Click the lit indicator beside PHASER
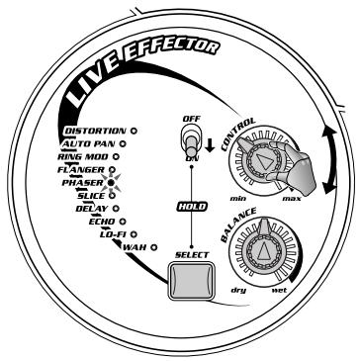point(111,182)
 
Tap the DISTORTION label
point(95,131)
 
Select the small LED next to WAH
point(153,247)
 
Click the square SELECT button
point(191,281)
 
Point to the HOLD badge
point(192,207)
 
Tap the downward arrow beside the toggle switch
point(210,146)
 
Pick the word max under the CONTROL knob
point(292,199)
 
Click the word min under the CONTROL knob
point(238,199)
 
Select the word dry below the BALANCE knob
point(238,290)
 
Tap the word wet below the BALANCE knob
point(279,290)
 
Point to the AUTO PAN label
point(89,143)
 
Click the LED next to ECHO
point(123,222)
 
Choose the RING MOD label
point(83,156)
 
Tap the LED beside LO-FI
point(134,234)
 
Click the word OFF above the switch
point(191,119)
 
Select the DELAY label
point(91,209)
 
